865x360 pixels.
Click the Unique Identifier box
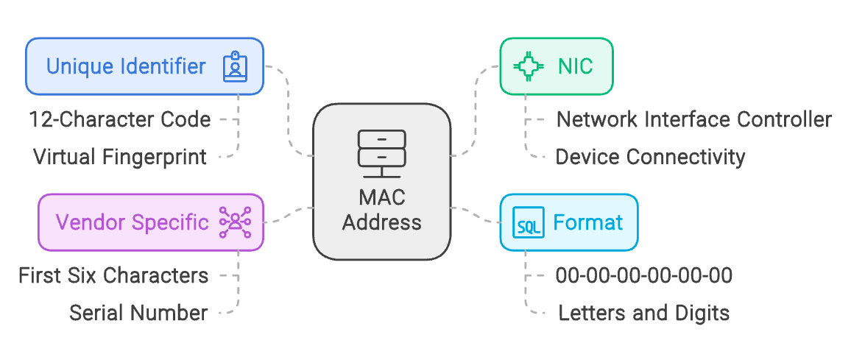pos(144,67)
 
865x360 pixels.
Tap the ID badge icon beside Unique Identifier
pos(236,67)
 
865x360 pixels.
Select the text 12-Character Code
pos(120,119)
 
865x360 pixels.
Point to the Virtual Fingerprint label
pos(120,157)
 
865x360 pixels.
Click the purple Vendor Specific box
pos(150,222)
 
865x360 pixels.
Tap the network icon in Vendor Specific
pos(236,222)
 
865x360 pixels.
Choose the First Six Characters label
pos(113,275)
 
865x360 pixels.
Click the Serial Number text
pos(138,313)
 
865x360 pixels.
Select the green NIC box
pos(557,66)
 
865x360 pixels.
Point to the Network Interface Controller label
pos(694,119)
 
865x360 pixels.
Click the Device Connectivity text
pos(650,157)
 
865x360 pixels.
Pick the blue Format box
pos(568,222)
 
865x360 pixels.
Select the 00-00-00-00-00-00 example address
pos(644,275)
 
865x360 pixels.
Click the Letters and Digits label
pos(644,313)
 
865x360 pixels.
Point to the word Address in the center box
pos(382,222)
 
